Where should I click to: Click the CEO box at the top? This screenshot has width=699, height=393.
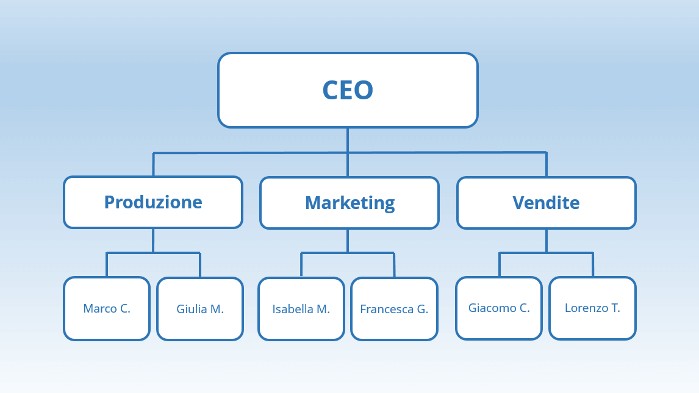point(348,90)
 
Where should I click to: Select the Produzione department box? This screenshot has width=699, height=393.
point(153,202)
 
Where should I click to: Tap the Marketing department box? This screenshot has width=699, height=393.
point(349,203)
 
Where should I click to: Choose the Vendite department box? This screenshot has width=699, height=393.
point(546,203)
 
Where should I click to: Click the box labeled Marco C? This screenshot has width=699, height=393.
point(107,308)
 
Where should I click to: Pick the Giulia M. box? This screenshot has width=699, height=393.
point(200,309)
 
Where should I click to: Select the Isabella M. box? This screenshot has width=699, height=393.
point(301,309)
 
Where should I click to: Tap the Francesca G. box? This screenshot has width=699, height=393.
point(395,309)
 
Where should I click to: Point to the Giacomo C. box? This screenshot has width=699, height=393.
point(499,308)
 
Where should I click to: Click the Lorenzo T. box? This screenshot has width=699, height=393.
point(592,308)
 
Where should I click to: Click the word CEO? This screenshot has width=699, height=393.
point(348,90)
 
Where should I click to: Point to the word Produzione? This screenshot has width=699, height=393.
point(153,202)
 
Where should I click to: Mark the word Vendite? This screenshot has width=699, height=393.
point(546,202)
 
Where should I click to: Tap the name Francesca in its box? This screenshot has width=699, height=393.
point(387,309)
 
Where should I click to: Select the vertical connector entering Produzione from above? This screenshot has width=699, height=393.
point(153,165)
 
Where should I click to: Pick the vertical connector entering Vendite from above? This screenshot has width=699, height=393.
point(546,165)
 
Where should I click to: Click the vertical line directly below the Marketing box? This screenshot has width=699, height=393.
point(348,241)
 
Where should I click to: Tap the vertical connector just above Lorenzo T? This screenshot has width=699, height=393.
point(593,265)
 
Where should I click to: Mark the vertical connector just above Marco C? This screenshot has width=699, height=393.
point(107,265)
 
